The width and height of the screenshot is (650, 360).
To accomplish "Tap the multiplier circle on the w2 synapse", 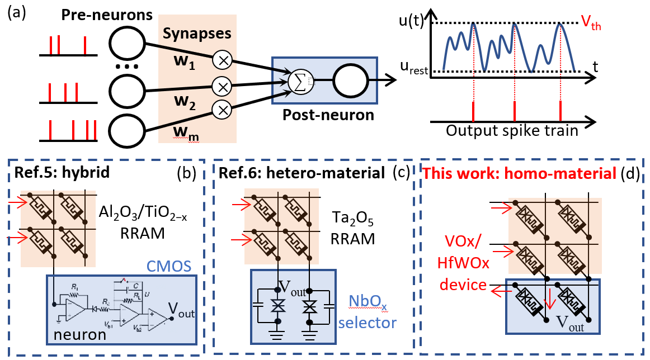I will (224, 86).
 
